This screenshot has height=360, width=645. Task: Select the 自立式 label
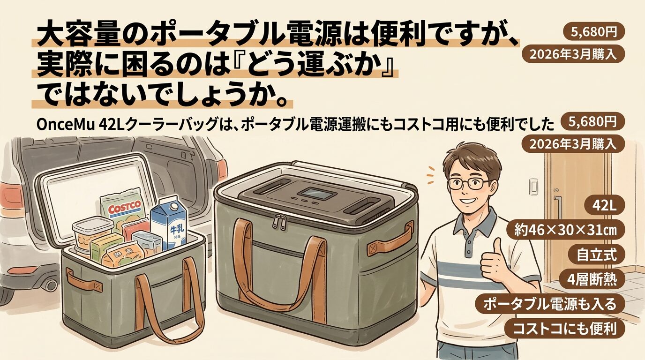[596, 255]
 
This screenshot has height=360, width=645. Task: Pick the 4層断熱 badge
[592, 279]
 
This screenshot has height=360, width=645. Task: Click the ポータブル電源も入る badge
[549, 304]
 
